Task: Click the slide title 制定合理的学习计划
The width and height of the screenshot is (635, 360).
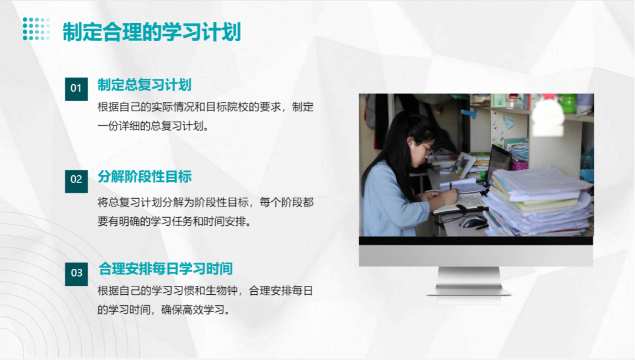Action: pyautogui.click(x=152, y=32)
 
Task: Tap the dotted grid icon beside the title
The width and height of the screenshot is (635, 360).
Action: pyautogui.click(x=36, y=29)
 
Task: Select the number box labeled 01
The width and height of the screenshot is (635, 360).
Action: pyautogui.click(x=76, y=89)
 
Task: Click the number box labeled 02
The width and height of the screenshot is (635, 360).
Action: pyautogui.click(x=76, y=181)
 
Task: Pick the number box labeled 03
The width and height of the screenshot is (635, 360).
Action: pyautogui.click(x=76, y=274)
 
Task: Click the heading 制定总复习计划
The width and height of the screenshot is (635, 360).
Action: pyautogui.click(x=145, y=85)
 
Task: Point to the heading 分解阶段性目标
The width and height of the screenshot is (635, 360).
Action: pyautogui.click(x=145, y=177)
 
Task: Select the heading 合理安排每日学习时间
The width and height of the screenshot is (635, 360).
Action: pyautogui.click(x=166, y=268)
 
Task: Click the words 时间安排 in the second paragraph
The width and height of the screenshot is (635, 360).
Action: pyautogui.click(x=225, y=222)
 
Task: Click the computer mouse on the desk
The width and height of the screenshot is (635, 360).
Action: pyautogui.click(x=473, y=222)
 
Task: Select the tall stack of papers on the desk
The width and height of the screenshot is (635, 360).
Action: pyautogui.click(x=539, y=201)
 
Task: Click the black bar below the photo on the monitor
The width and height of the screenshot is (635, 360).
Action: pyautogui.click(x=476, y=241)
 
